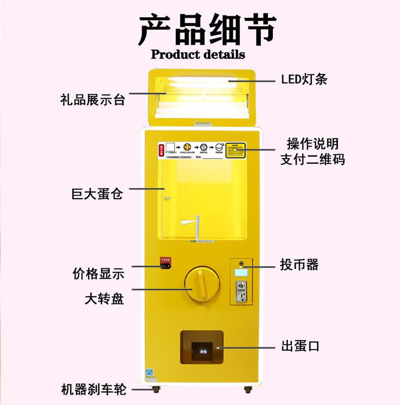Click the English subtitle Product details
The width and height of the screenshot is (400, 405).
coord(198,54)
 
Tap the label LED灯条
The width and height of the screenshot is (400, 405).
coord(304,80)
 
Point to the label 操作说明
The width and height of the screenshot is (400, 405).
coord(312,144)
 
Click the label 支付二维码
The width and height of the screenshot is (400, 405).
coord(312,159)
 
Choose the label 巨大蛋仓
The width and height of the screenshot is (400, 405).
coord(97,194)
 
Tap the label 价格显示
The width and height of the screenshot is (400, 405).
coord(98,274)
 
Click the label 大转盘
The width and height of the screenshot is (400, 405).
coord(104,299)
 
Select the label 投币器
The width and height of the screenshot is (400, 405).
coord(299,265)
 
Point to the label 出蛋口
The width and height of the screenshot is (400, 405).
coord(300,347)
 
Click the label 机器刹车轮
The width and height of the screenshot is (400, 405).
coord(93,390)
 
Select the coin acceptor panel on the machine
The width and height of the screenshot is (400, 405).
coord(241,282)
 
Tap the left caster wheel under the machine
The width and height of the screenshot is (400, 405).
coord(155,390)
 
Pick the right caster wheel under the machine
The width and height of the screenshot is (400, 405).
coord(248,390)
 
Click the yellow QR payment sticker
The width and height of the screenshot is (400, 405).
coord(235,150)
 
